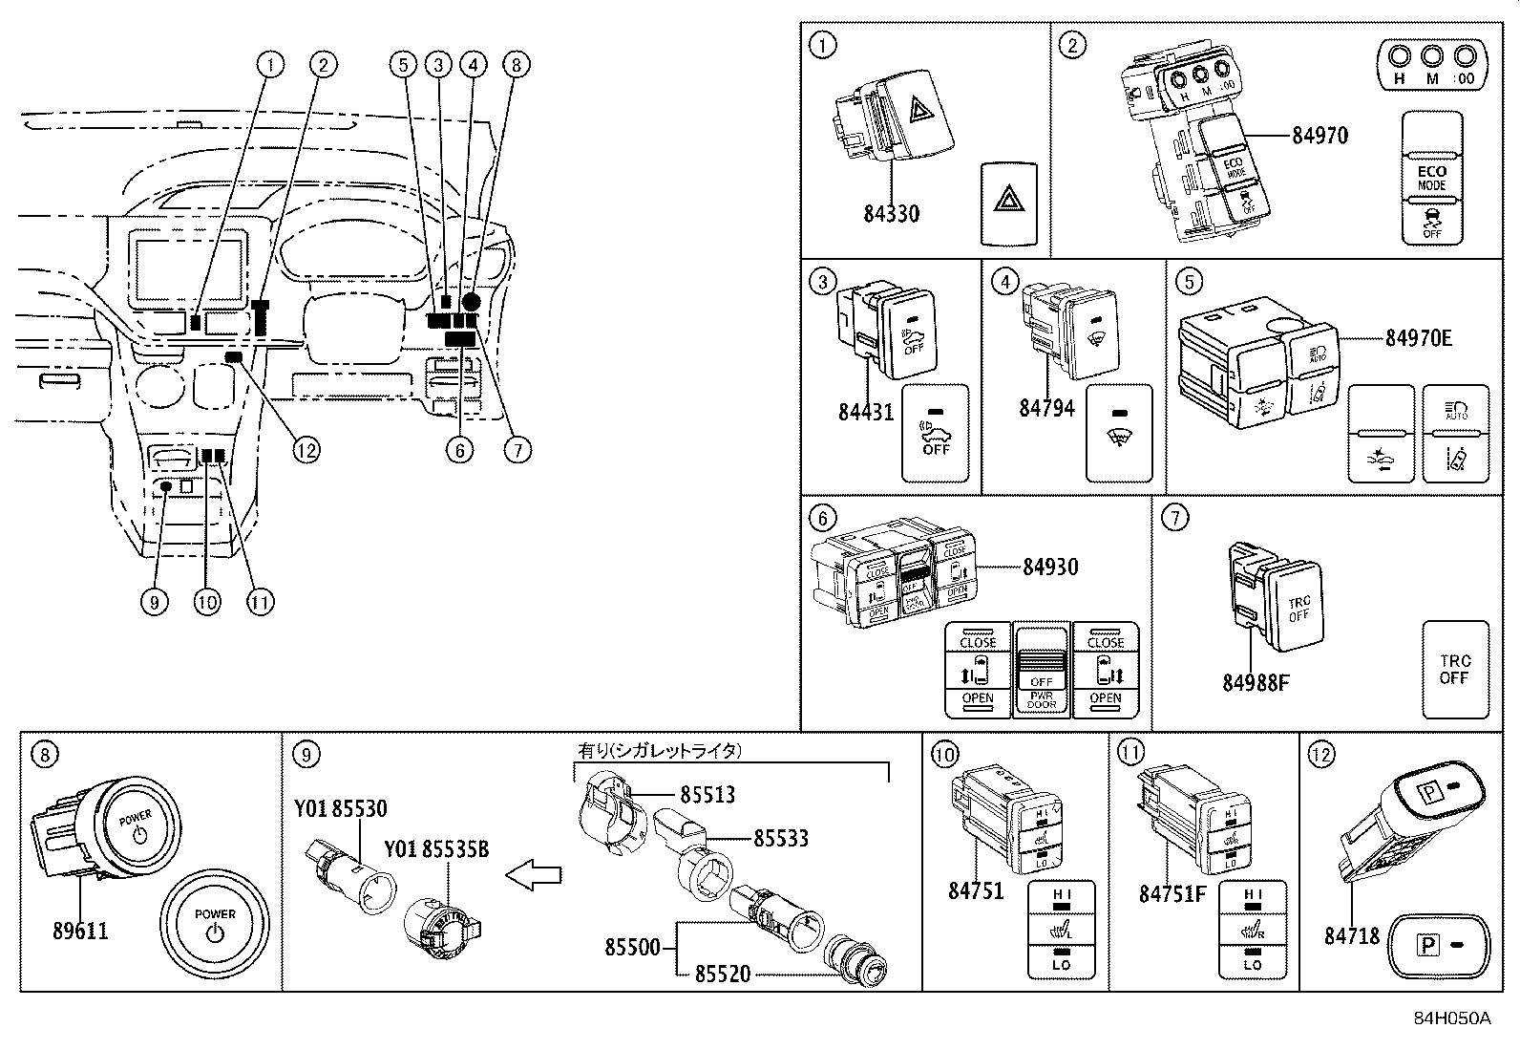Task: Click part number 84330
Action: coord(891,213)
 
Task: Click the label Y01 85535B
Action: coord(436,848)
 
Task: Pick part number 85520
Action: coord(722,974)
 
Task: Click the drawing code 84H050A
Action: coord(1452,1018)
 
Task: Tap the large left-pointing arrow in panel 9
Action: coord(532,874)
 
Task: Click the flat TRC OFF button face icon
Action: coord(1454,669)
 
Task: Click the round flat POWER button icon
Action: coord(214,925)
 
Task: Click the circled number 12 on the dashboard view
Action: coord(306,449)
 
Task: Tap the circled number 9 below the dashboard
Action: coord(154,602)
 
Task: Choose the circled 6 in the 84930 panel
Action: coord(821,518)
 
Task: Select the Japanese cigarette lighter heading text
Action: coord(659,751)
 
